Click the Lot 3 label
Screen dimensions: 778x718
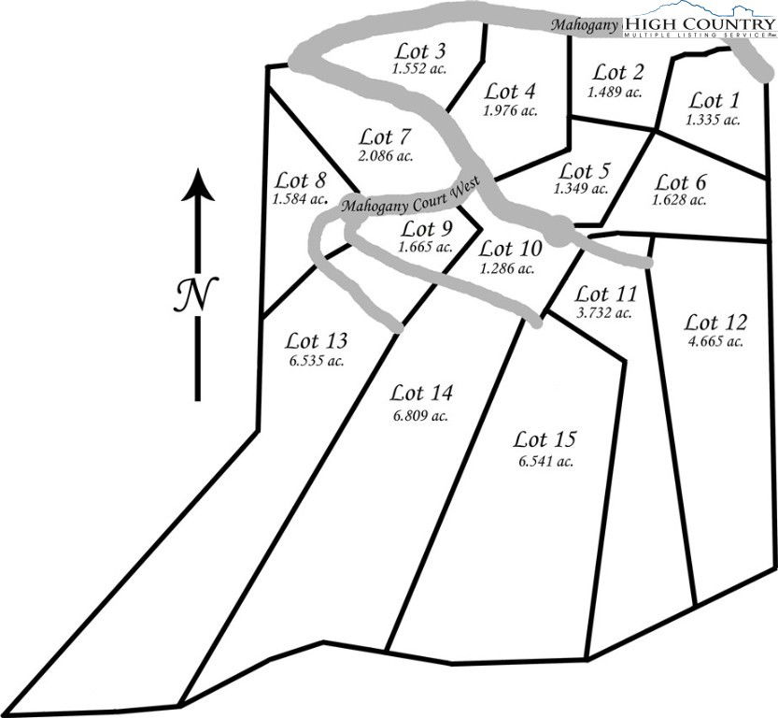click(420, 51)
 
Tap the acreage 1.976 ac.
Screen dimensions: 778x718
click(510, 110)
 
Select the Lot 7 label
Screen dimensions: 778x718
click(385, 137)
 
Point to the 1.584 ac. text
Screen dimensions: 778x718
click(300, 200)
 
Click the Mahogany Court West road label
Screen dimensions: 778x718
click(411, 196)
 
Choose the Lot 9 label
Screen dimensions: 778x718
click(427, 229)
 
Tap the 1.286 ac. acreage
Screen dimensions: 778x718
click(507, 268)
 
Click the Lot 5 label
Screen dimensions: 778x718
click(584, 172)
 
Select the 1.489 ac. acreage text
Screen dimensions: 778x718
click(615, 92)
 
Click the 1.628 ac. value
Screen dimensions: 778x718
click(679, 201)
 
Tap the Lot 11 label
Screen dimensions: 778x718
click(605, 294)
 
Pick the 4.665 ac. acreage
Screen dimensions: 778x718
click(715, 341)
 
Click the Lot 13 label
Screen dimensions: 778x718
click(316, 341)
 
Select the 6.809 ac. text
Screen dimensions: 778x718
click(420, 415)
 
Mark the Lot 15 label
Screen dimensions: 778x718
click(545, 440)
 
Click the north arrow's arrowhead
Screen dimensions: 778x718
click(198, 185)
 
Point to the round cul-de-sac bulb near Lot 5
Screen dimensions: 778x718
click(559, 231)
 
